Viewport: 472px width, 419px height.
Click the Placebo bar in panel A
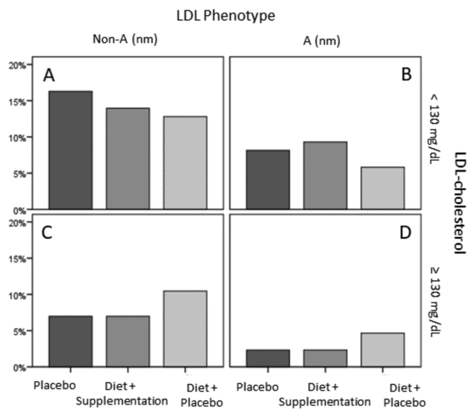(x=70, y=150)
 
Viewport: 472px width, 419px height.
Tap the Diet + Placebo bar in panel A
(x=184, y=163)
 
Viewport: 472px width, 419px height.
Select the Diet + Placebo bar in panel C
(x=184, y=329)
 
